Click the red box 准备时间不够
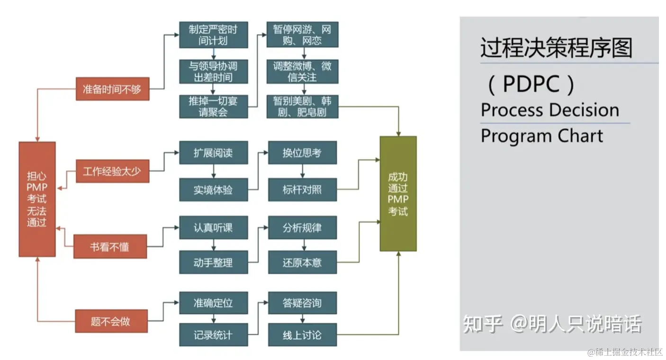click(x=113, y=89)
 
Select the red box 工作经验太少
click(x=113, y=171)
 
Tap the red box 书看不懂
click(x=110, y=247)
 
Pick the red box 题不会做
click(x=111, y=321)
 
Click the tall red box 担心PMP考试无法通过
click(x=37, y=199)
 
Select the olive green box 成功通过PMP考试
click(x=398, y=194)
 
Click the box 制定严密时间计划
click(x=214, y=35)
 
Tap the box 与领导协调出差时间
click(x=214, y=72)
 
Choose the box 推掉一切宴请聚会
click(x=214, y=107)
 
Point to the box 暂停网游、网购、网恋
click(x=302, y=35)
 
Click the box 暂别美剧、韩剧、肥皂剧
click(x=302, y=107)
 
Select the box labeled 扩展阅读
click(x=214, y=153)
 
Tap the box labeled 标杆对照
click(x=302, y=190)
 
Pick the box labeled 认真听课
click(x=214, y=228)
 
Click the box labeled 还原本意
click(x=302, y=262)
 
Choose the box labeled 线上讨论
click(x=302, y=335)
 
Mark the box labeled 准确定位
click(x=214, y=303)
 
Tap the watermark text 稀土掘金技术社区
click(x=628, y=352)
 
